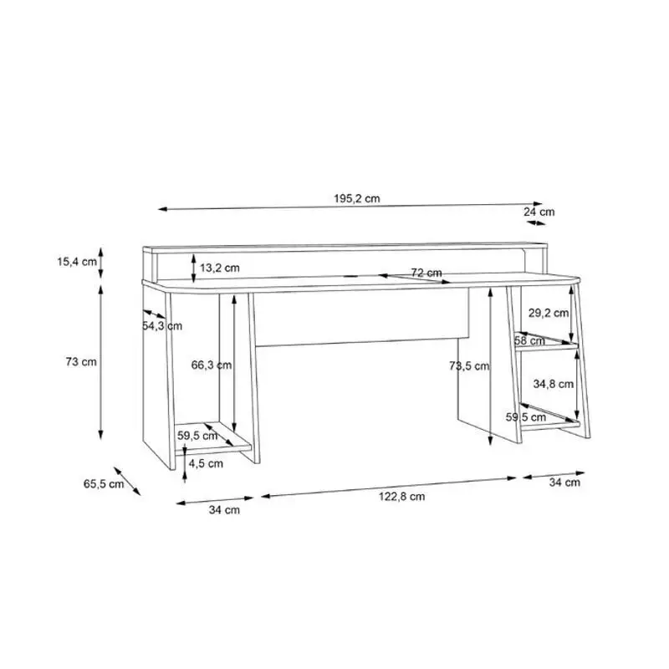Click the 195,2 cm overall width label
(357, 198)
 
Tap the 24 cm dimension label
(539, 212)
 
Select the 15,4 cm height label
(77, 262)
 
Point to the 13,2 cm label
(220, 268)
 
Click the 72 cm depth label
(426, 273)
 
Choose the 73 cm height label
(81, 362)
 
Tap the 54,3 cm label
(162, 326)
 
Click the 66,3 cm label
(212, 365)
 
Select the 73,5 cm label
(469, 365)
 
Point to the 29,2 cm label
(549, 313)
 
